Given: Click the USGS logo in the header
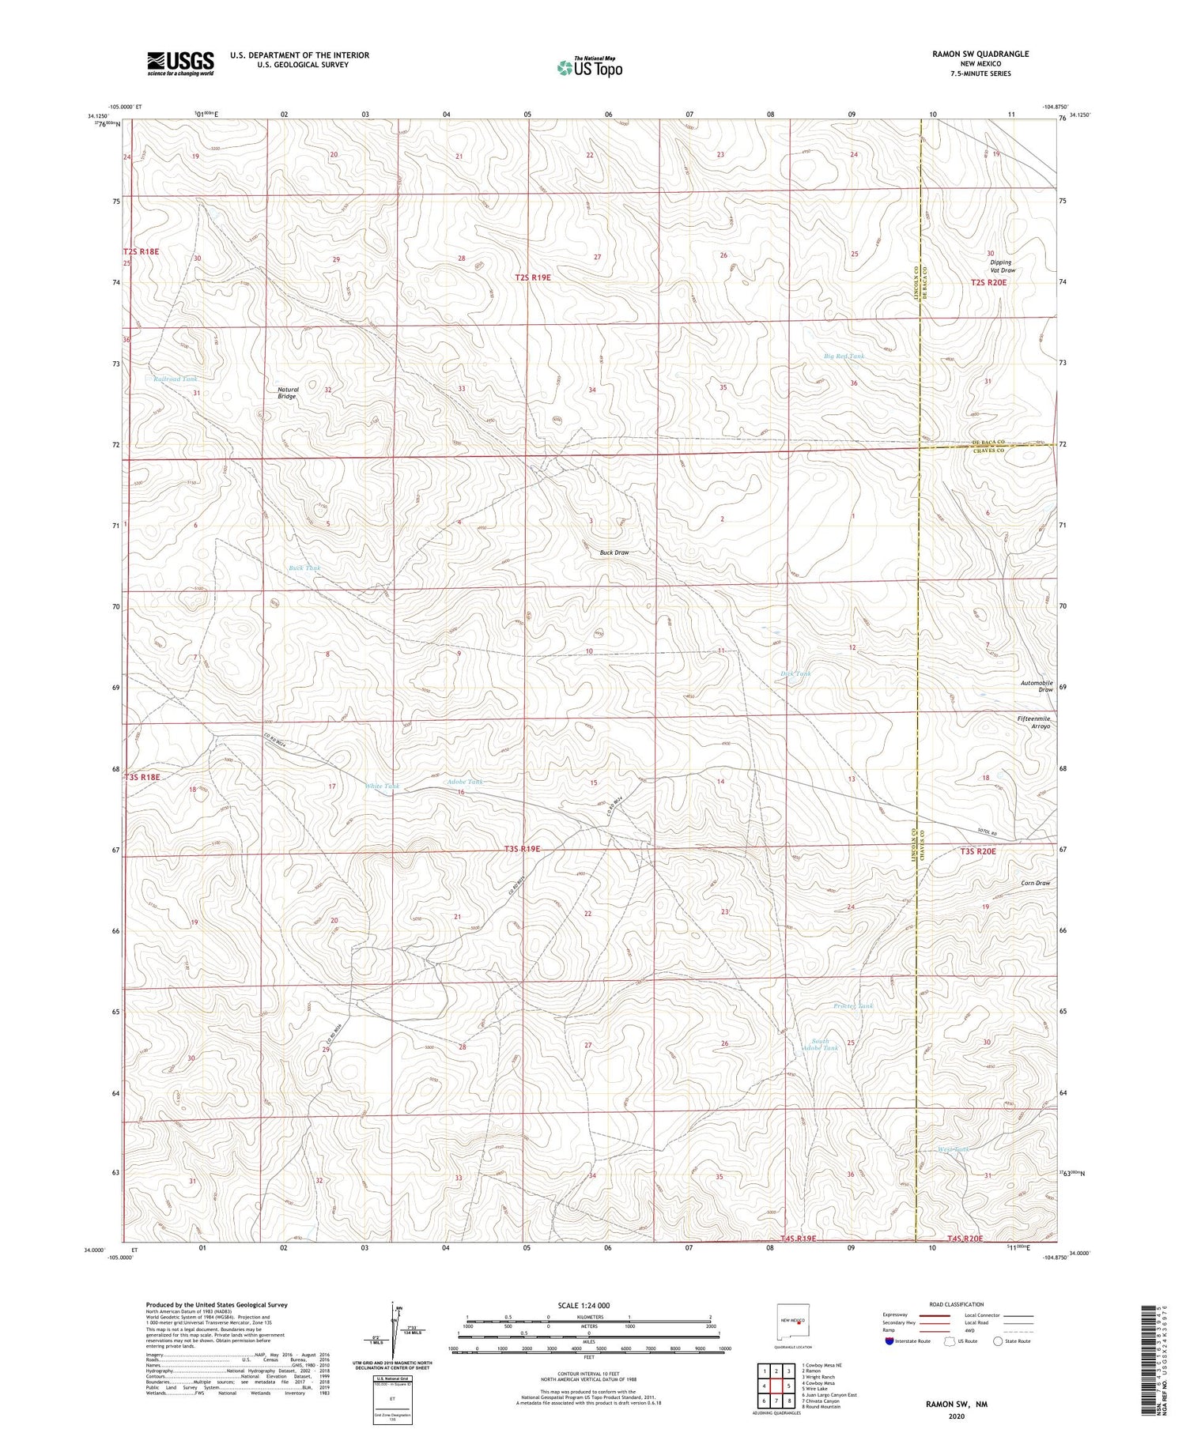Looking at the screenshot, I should pyautogui.click(x=180, y=63).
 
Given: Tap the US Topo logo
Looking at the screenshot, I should pyautogui.click(x=589, y=68).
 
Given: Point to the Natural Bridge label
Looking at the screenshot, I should pyautogui.click(x=288, y=393).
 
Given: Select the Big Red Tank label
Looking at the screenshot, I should pyautogui.click(x=844, y=356).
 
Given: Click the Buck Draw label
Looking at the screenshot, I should pyautogui.click(x=614, y=552).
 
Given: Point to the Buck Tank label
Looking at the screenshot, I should pyautogui.click(x=304, y=568).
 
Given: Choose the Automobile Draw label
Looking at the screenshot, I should pyautogui.click(x=1037, y=686).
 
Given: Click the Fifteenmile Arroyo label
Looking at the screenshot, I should pyautogui.click(x=1033, y=722).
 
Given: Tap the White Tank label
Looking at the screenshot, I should pyautogui.click(x=382, y=786).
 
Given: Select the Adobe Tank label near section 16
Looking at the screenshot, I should pyautogui.click(x=465, y=782).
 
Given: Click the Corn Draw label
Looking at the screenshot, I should pyautogui.click(x=1035, y=883).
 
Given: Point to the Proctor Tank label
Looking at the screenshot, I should pyautogui.click(x=853, y=1006).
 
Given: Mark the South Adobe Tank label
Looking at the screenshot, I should pyautogui.click(x=821, y=1044).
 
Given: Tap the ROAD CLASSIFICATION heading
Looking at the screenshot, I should pyautogui.click(x=956, y=1304).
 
